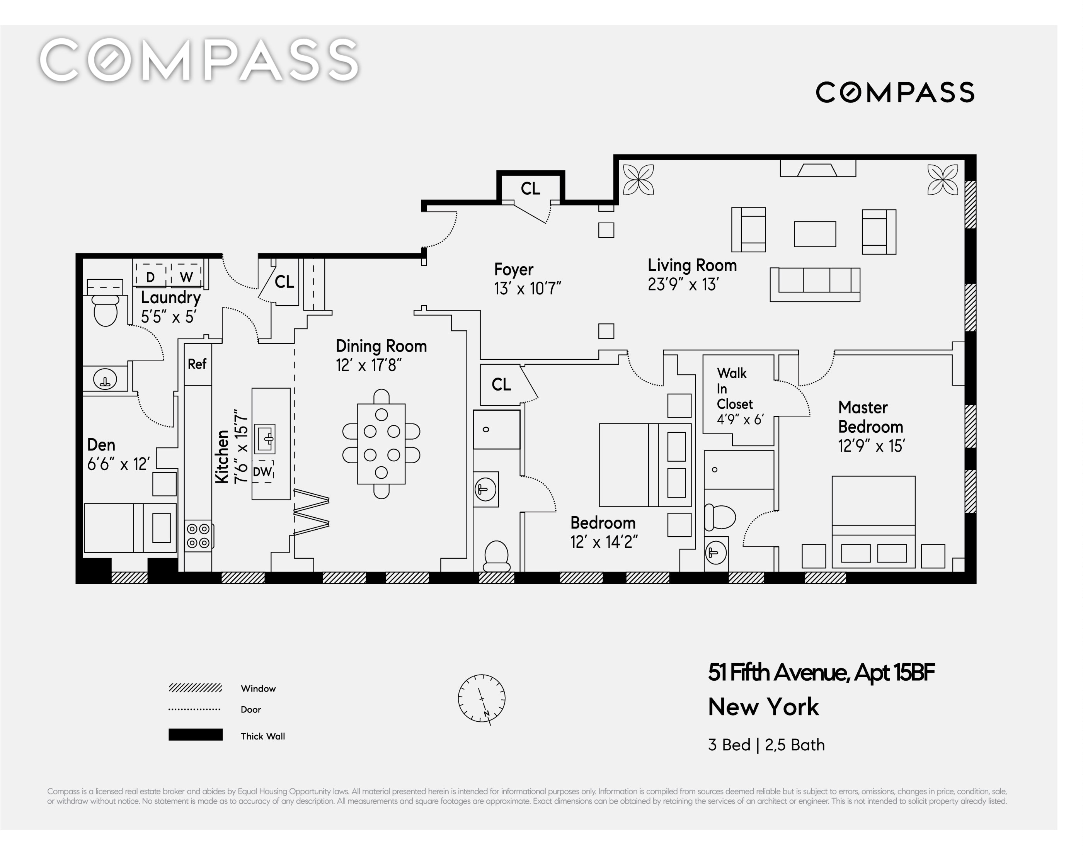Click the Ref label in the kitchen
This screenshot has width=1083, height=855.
197,364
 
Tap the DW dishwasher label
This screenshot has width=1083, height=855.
262,472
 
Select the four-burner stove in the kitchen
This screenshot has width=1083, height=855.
199,535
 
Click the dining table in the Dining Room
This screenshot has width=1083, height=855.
381,444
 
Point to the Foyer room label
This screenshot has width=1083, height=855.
514,270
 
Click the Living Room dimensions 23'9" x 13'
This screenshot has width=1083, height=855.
683,284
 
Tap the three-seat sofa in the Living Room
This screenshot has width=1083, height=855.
815,284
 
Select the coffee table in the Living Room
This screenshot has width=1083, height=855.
815,234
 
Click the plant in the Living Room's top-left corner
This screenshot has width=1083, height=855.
638,180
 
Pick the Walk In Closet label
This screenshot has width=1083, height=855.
734,388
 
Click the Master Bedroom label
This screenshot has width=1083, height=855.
870,417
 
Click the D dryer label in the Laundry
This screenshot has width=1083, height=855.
150,277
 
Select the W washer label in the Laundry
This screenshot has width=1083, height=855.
186,277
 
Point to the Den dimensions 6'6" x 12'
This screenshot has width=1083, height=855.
119,464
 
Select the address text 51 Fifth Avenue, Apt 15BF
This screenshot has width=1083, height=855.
821,672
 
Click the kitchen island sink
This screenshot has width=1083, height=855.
265,439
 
